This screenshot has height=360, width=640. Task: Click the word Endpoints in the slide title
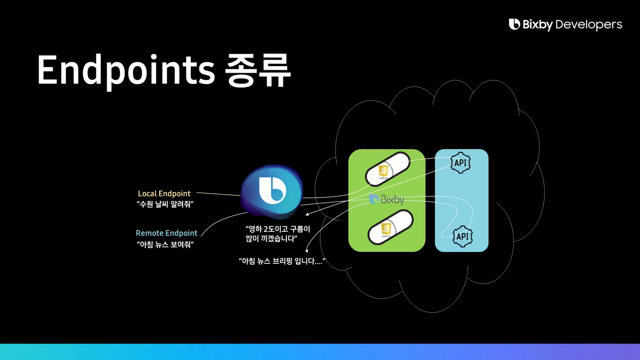pos(126,70)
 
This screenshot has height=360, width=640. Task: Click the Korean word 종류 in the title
pos(258,71)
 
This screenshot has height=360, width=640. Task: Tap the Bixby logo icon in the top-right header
pos(514,24)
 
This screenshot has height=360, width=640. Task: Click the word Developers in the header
pos(589,24)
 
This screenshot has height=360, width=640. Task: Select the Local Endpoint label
pos(164,193)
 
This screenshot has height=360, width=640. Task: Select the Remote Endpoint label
pos(166,233)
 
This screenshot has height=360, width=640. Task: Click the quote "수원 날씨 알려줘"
pos(165,204)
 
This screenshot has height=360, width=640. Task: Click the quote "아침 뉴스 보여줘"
pos(165,244)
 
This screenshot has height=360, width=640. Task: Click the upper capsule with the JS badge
pos(388,169)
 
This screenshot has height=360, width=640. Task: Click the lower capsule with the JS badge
pos(390,227)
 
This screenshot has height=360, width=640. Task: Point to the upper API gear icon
pos(460,163)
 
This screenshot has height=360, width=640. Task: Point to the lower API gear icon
pos(462,236)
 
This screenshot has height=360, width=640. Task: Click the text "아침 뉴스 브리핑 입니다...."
pos(282,261)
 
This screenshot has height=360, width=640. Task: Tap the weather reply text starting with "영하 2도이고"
pos(278,233)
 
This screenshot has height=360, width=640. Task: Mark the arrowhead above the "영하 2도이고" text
pos(307,214)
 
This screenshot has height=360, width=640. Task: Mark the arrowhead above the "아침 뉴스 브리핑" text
pos(307,251)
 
